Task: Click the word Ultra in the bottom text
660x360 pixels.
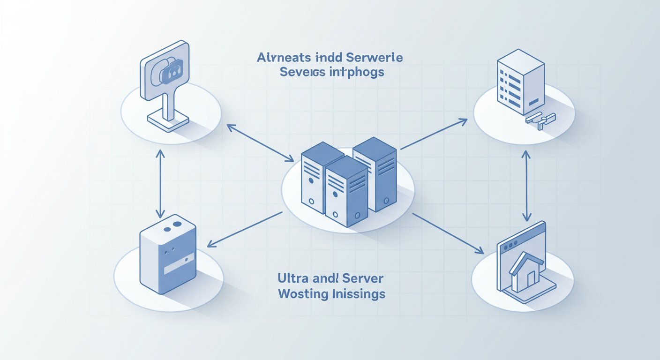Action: click(290, 278)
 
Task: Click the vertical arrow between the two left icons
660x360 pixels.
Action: click(161, 184)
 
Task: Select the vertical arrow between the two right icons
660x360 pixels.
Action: click(526, 186)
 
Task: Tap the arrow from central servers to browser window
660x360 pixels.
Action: click(447, 233)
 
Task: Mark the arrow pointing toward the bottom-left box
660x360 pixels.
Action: click(245, 229)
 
